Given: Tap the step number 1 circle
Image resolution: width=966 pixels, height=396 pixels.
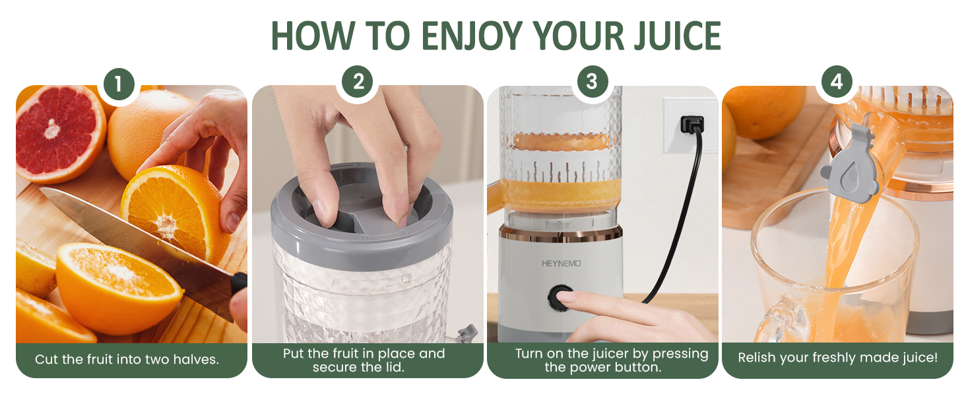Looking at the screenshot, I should (x=119, y=84).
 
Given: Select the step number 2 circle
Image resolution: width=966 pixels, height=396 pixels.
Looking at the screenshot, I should (x=358, y=82).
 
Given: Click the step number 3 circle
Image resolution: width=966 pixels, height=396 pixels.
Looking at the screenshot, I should (x=591, y=82).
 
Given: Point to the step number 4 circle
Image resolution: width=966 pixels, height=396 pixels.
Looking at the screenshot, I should (x=837, y=82).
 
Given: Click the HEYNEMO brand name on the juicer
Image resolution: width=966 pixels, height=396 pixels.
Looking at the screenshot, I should (x=562, y=263).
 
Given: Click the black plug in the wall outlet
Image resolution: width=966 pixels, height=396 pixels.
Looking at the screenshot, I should (x=692, y=123).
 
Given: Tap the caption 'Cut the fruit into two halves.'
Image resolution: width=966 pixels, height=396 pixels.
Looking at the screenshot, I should (x=127, y=360).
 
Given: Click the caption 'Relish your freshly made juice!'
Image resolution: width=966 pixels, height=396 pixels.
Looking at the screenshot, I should (x=837, y=358).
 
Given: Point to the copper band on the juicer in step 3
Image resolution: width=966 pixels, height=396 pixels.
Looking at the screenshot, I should (x=561, y=232).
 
